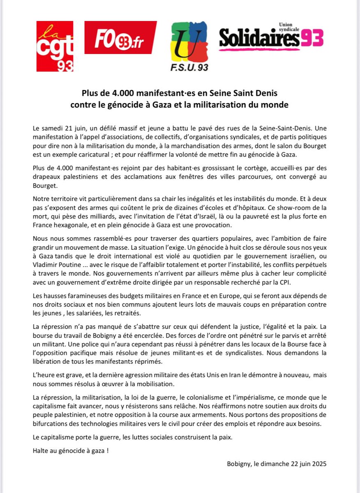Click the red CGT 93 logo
coord(55,46)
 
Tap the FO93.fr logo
coord(120,38)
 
